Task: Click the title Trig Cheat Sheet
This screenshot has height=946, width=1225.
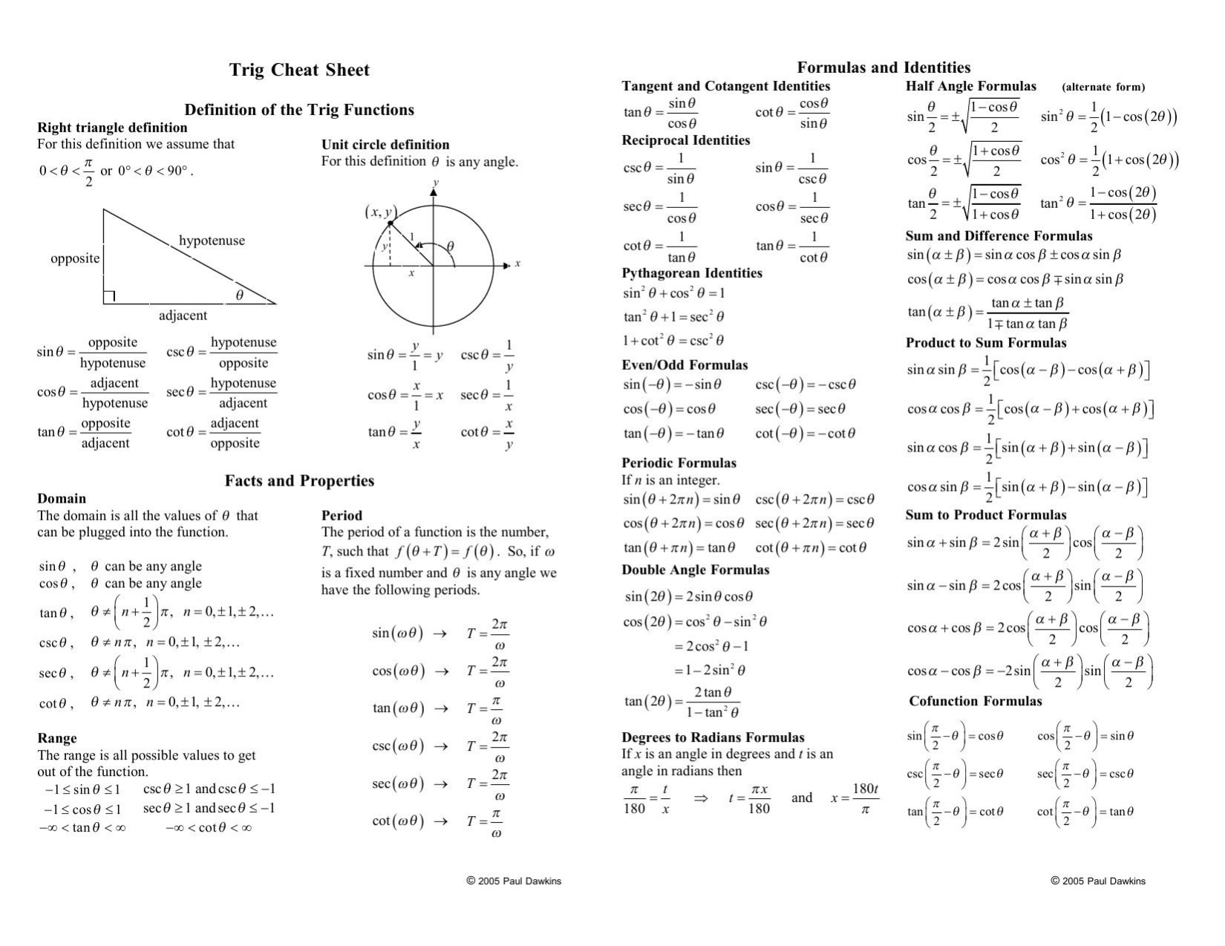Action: click(x=299, y=71)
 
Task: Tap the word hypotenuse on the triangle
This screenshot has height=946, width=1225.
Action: click(x=212, y=241)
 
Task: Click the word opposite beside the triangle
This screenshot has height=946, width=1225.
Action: click(x=75, y=258)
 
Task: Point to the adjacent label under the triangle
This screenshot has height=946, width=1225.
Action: click(x=183, y=316)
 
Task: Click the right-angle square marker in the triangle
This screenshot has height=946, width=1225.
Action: click(x=109, y=297)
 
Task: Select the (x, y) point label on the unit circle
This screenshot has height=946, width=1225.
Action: click(x=381, y=212)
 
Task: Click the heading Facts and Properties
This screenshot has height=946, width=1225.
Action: click(x=299, y=481)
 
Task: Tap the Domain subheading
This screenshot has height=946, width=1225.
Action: click(x=62, y=499)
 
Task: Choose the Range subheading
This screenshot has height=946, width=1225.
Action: click(x=57, y=738)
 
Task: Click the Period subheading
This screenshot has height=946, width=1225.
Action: click(x=342, y=515)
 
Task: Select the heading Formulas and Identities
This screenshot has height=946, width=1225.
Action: click(x=883, y=68)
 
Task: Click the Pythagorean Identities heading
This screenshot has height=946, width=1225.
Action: click(x=692, y=273)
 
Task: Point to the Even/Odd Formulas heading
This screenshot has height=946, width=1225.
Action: click(x=685, y=365)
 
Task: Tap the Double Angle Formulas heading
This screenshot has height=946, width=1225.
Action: click(x=695, y=570)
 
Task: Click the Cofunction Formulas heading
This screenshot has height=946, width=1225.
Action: click(x=975, y=702)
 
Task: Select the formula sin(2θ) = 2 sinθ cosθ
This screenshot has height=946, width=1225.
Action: click(x=688, y=596)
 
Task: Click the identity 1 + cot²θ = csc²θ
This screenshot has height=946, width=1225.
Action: click(x=673, y=341)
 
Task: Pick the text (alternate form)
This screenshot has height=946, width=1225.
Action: click(x=1103, y=87)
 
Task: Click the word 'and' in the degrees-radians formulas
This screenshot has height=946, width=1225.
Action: click(x=802, y=797)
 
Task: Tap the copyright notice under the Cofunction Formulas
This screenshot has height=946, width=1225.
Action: click(x=1098, y=881)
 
